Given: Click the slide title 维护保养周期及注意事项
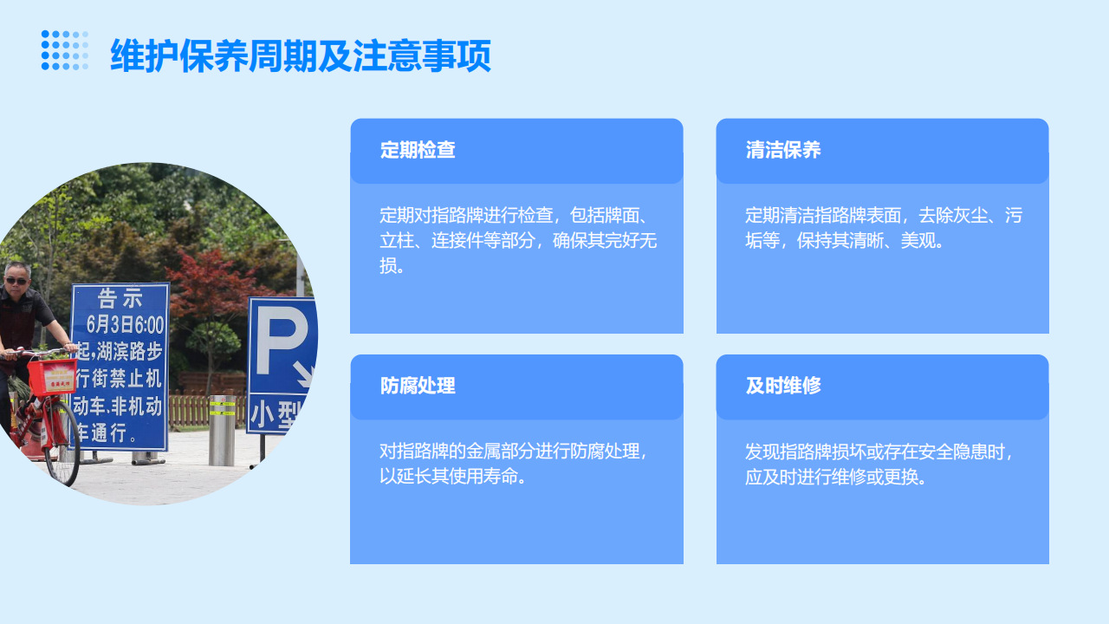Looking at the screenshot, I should (x=301, y=56).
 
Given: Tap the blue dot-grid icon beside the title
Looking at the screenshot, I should (x=65, y=50).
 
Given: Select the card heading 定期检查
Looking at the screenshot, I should (x=418, y=150).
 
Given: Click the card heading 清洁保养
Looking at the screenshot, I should (x=783, y=150).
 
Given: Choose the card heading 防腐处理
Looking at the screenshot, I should (x=418, y=386).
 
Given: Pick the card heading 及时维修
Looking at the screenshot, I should (x=783, y=386).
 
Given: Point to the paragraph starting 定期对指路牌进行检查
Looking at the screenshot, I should (x=517, y=240).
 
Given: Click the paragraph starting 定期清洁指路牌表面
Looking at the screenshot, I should (x=883, y=227).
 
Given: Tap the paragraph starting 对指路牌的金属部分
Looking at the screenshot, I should (x=513, y=464).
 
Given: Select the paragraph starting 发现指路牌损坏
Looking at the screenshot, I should (x=879, y=464).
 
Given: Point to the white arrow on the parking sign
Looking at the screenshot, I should (x=302, y=374).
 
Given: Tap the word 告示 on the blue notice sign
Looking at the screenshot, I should (x=120, y=299).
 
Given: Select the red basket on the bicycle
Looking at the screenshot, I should (x=52, y=378).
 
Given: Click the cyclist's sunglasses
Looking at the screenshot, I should (x=16, y=280).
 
